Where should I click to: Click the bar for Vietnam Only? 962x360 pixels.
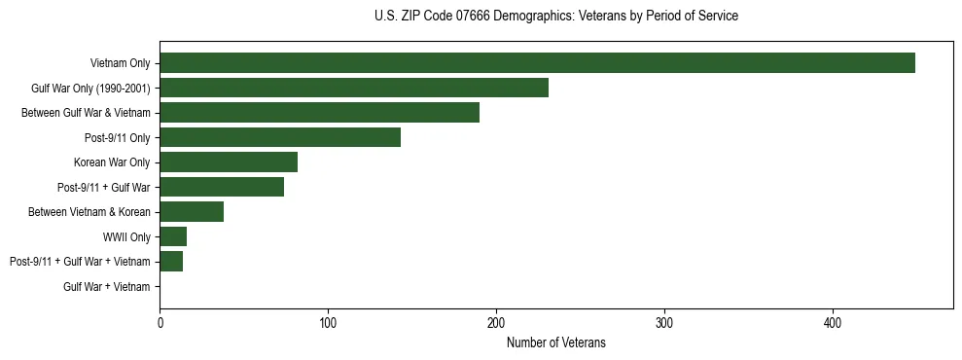click(537, 63)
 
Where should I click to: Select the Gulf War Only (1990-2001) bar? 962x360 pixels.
click(354, 88)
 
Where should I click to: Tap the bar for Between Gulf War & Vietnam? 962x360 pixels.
click(319, 113)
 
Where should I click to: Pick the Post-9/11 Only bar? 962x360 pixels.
click(280, 137)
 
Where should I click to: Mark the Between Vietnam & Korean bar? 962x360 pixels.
click(192, 212)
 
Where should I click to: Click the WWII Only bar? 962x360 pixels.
click(173, 236)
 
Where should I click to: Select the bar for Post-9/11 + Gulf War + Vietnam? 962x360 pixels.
click(171, 262)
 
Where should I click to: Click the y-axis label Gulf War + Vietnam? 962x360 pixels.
click(107, 287)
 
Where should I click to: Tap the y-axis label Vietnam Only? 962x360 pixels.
click(121, 63)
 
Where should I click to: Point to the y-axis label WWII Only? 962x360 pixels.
click(126, 236)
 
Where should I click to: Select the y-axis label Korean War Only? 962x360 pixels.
click(112, 162)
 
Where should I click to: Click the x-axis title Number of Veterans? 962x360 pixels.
click(556, 342)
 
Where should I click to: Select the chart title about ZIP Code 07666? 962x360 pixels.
click(556, 17)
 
